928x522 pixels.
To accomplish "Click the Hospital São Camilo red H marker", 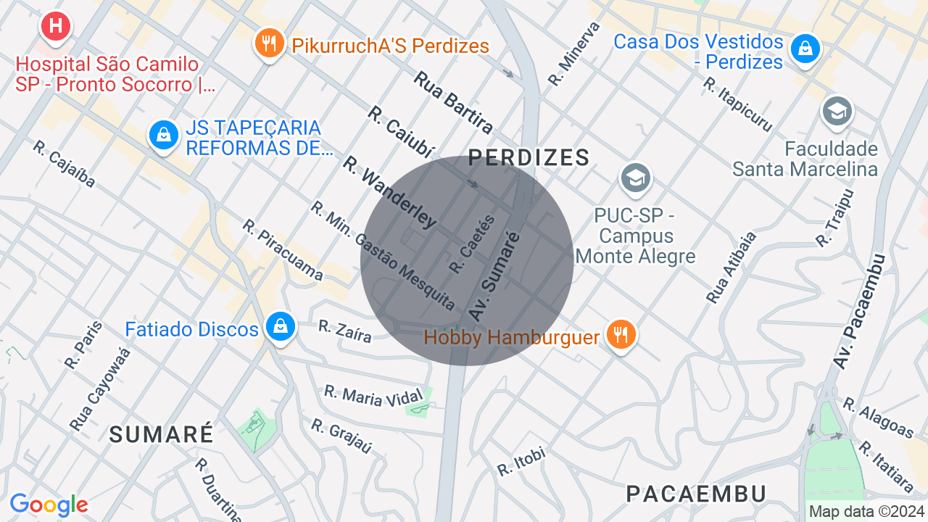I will [x=56, y=27].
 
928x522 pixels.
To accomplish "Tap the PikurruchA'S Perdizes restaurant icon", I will [x=269, y=43].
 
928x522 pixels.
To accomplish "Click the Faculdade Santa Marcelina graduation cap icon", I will [x=837, y=112].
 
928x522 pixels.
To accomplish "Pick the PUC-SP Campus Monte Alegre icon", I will [x=635, y=178].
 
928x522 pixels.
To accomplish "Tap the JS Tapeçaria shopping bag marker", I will [x=164, y=135].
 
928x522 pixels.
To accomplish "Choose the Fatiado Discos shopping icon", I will [x=279, y=327].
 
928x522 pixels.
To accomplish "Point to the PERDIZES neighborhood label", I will [x=529, y=157].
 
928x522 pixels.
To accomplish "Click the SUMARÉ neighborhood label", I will [x=162, y=434].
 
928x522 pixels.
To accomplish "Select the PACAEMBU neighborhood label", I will [x=696, y=494].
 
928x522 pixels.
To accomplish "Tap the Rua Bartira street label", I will [x=453, y=102].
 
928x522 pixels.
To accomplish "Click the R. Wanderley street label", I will [x=389, y=192].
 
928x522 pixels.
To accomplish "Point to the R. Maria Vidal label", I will [x=373, y=396].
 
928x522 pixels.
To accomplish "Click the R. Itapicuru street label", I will [x=737, y=104].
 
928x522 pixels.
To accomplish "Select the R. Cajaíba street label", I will [x=64, y=164].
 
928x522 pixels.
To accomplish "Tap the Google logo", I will [x=49, y=505].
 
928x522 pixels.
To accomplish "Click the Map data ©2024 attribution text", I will [x=866, y=511].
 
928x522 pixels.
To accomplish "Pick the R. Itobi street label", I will [x=521, y=462].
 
